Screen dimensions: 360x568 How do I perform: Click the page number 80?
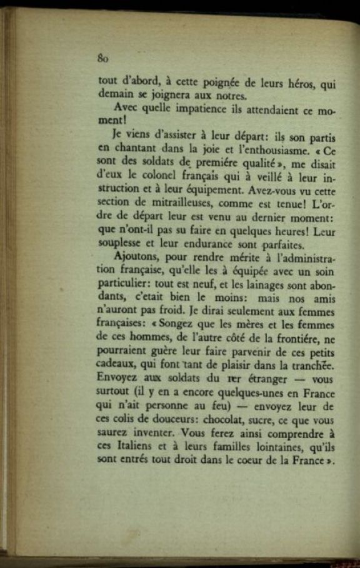[104, 59]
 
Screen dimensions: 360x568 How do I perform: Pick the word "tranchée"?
[312, 365]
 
